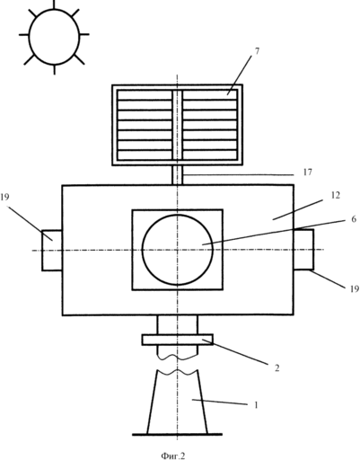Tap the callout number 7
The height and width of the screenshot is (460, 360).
click(257, 51)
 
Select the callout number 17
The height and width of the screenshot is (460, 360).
click(307, 172)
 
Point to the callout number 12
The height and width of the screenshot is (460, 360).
click(336, 195)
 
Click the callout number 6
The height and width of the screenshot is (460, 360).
click(354, 219)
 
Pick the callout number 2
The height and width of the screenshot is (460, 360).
click(277, 367)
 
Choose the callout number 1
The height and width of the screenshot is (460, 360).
click(256, 405)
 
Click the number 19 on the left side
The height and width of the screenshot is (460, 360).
click(4, 197)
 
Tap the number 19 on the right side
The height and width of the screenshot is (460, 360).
click(355, 288)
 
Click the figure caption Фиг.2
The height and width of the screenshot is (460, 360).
click(173, 456)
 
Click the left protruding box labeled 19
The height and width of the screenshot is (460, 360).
click(52, 251)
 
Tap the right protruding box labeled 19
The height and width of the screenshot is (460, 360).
click(303, 250)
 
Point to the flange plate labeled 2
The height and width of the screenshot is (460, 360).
click(178, 340)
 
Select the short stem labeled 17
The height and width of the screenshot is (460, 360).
click(177, 175)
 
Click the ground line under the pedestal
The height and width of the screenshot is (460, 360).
click(177, 434)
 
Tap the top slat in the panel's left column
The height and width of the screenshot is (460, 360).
click(145, 95)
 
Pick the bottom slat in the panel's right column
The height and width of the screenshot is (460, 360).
click(209, 155)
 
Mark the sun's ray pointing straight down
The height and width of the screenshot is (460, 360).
click(55, 69)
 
